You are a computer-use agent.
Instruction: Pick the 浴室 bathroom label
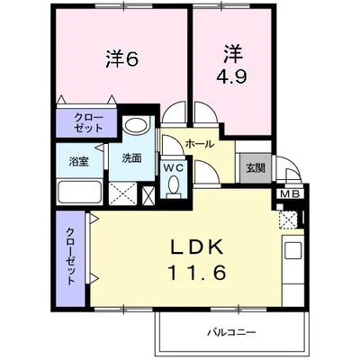(x=78, y=162)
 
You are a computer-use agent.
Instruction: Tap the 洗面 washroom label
(x=131, y=158)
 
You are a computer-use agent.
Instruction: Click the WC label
(x=173, y=167)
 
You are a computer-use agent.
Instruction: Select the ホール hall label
(x=199, y=144)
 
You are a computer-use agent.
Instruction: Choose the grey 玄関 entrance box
(x=252, y=169)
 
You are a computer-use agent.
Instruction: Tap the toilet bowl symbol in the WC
(x=173, y=186)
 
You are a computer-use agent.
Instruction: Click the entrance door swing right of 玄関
(x=287, y=171)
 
